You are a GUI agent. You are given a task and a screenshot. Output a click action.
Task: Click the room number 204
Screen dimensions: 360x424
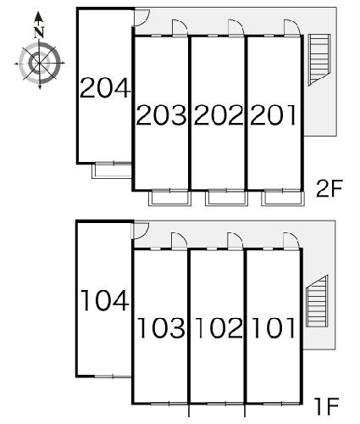click(x=105, y=88)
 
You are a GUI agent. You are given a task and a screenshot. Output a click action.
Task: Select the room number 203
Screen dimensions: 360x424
click(x=162, y=114)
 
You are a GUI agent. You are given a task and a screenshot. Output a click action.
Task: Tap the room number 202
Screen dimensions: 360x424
click(x=219, y=114)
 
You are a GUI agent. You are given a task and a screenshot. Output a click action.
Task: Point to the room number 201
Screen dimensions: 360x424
click(x=273, y=114)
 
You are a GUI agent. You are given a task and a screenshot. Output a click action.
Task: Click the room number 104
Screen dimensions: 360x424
click(x=105, y=301)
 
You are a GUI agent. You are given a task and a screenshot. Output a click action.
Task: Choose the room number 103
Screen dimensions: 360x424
click(x=161, y=328)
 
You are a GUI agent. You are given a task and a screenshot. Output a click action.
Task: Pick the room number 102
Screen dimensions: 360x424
click(x=219, y=328)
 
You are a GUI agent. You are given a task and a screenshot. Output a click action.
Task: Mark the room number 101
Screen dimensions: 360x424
click(x=274, y=328)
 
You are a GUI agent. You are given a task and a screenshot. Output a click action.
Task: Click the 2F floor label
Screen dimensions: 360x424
click(x=330, y=188)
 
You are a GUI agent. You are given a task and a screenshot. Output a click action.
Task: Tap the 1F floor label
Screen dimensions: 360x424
click(x=328, y=406)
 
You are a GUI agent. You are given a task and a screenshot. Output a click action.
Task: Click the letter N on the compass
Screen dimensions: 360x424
click(x=39, y=32)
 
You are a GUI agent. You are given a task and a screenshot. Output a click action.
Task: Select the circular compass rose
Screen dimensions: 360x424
click(x=40, y=64)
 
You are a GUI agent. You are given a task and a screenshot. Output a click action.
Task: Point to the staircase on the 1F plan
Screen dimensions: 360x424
click(x=317, y=301)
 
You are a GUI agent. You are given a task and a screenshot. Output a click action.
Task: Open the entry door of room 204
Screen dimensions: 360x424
click(x=141, y=18)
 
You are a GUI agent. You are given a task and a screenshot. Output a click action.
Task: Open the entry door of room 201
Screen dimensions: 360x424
click(x=292, y=28)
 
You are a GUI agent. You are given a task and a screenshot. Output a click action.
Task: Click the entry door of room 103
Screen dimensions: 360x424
click(x=179, y=241)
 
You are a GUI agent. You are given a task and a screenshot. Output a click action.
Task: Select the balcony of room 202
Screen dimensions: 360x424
click(x=226, y=198)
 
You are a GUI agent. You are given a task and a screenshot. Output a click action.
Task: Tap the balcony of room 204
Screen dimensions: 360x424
click(x=112, y=170)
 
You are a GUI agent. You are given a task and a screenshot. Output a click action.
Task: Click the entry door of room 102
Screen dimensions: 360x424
click(x=235, y=241)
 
